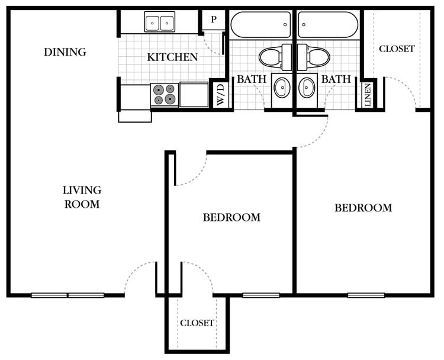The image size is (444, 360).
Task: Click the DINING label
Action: (65, 52)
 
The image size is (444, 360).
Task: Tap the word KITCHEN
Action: (172, 57)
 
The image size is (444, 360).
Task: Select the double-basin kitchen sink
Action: (160, 22)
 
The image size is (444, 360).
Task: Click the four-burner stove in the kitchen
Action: (165, 95)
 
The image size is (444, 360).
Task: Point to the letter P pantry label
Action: (214, 20)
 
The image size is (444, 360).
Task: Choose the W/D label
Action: (220, 95)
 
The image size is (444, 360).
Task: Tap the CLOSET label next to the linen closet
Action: (397, 49)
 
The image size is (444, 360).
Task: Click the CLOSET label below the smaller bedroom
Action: (197, 323)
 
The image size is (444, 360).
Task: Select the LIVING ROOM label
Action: (82, 197)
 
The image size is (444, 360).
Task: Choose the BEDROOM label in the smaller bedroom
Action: (231, 217)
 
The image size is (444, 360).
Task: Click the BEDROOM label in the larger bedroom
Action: (363, 208)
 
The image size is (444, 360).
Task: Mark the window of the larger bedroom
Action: (366, 295)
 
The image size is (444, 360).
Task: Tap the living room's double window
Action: (67, 295)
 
